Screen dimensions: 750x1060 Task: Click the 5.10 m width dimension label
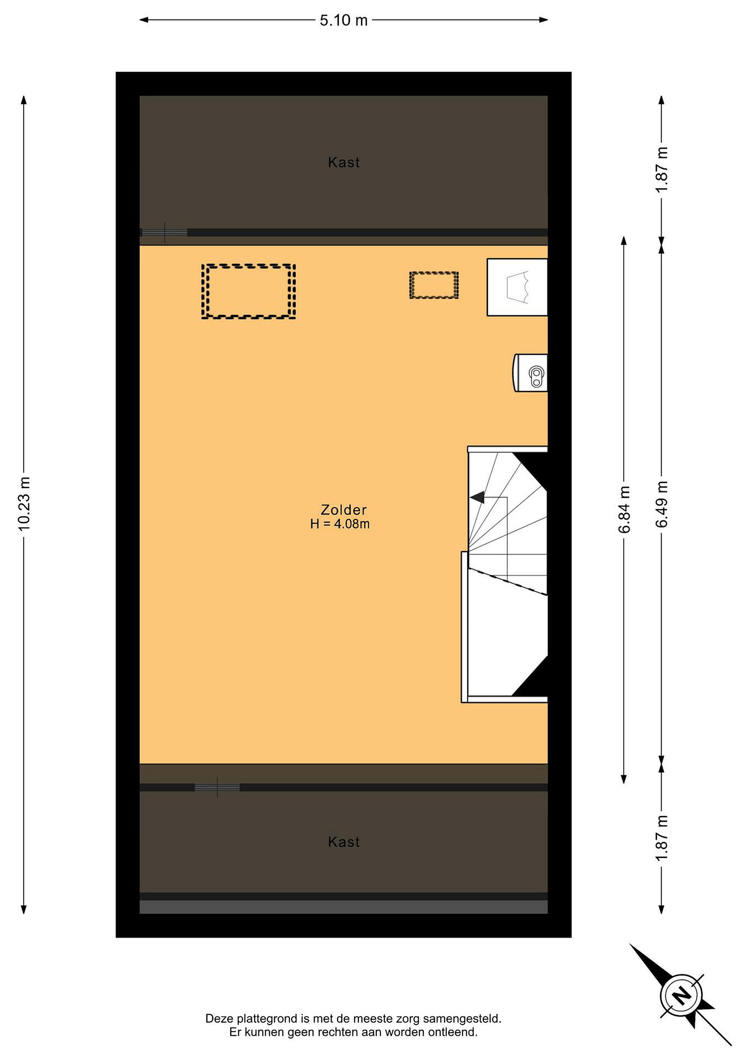[x=344, y=20]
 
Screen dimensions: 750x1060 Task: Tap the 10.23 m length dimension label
[x=24, y=504]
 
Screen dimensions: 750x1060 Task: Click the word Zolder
[x=344, y=510]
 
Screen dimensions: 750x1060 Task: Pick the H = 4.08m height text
[x=340, y=524]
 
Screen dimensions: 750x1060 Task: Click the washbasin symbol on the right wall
[x=531, y=373]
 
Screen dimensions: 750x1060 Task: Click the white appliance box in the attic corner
[x=517, y=287]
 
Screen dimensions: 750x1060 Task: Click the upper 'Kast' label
[x=344, y=163]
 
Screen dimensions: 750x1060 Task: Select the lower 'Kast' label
[x=344, y=842]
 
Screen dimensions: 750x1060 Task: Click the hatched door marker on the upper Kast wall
[x=165, y=233]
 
